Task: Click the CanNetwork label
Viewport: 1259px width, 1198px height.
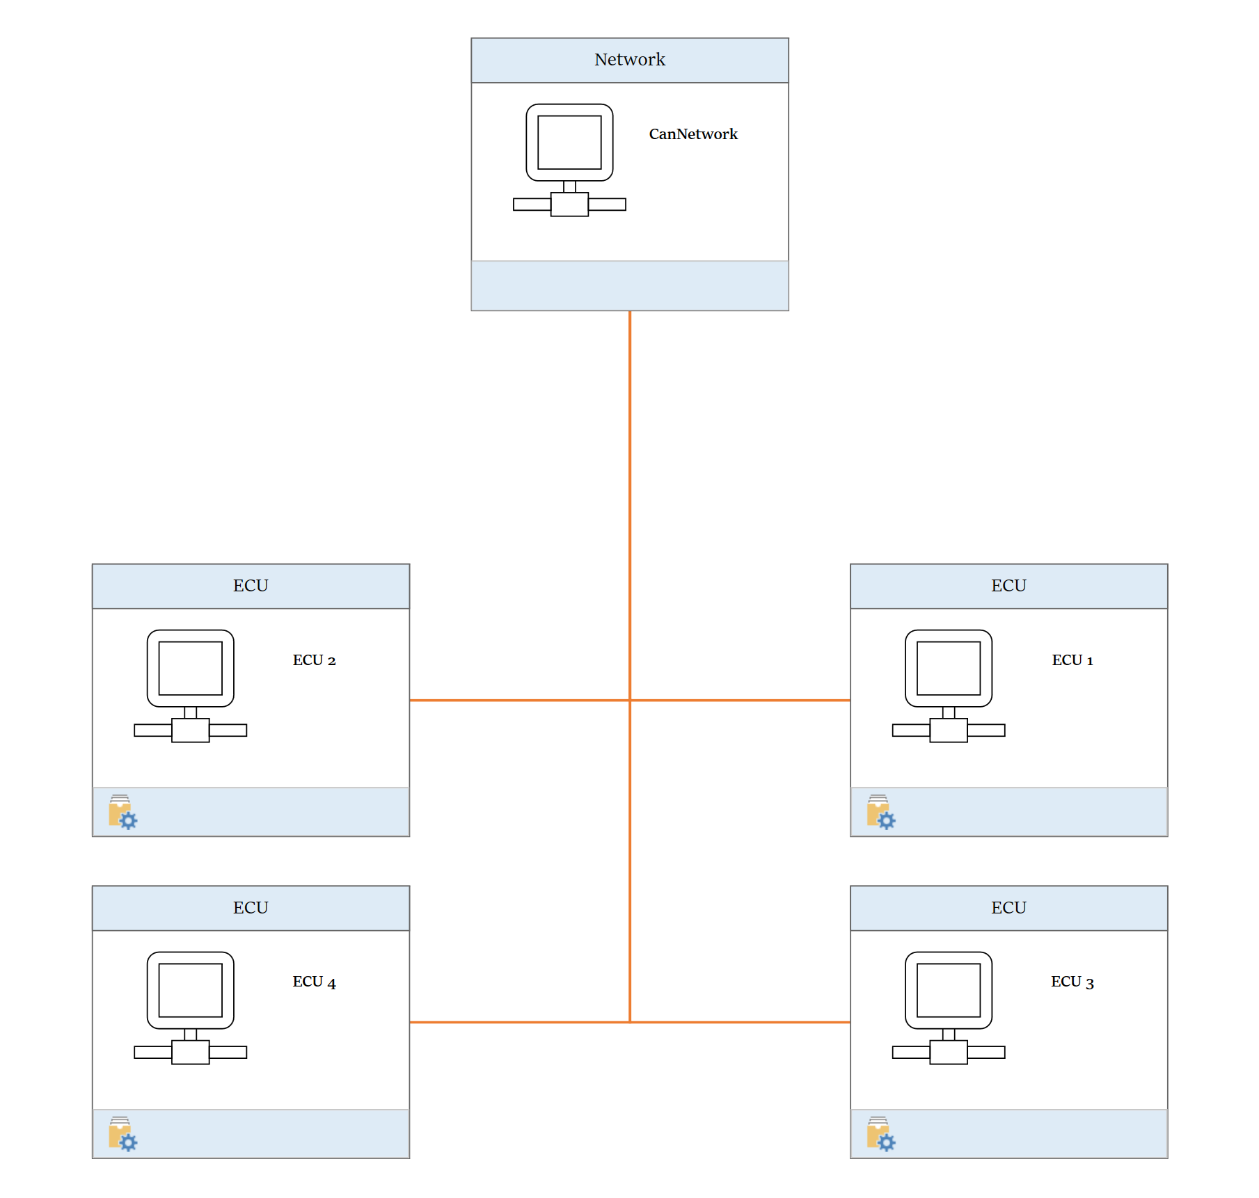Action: [x=692, y=134]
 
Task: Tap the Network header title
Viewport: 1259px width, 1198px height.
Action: [x=629, y=60]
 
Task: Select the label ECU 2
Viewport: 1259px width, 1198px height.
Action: [x=314, y=660]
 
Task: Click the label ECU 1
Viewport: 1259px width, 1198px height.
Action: [x=1072, y=660]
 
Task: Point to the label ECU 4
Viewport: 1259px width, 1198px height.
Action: [x=314, y=982]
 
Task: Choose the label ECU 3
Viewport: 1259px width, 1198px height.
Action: [x=1072, y=982]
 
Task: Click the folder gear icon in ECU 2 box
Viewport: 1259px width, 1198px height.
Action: [x=122, y=812]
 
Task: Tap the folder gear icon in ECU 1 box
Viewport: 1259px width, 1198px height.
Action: [x=880, y=812]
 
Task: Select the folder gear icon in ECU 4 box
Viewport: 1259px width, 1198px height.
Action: [x=122, y=1134]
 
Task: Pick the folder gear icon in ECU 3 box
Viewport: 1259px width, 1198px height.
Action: [x=880, y=1134]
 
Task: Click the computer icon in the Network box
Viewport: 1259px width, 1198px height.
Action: [x=569, y=160]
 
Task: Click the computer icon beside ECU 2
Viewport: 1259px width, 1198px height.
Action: [x=190, y=686]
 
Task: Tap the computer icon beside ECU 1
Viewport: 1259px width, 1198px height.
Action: [x=948, y=686]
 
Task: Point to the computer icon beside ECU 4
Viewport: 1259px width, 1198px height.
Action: [x=190, y=1007]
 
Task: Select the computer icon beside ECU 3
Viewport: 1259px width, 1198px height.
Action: [x=948, y=1007]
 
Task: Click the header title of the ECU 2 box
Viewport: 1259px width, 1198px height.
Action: [x=251, y=586]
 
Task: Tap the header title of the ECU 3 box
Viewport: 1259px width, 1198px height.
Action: [x=1008, y=908]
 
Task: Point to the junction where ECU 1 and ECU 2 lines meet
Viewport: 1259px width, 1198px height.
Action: [x=630, y=700]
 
